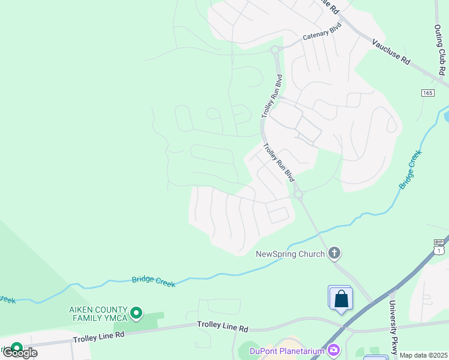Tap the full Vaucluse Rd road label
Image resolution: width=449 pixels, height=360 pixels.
tap(390, 52)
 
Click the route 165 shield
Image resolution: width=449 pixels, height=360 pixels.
tap(427, 93)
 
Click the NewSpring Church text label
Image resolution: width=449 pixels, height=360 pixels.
tap(291, 253)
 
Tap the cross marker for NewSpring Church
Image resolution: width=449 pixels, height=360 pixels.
tap(334, 253)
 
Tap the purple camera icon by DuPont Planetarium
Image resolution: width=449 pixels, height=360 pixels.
tap(334, 349)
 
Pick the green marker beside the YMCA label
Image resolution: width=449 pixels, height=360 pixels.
tap(136, 312)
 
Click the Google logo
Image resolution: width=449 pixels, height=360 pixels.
tap(20, 352)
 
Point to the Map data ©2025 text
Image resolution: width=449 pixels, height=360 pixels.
tap(423, 355)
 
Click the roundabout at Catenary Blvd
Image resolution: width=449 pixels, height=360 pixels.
tap(276, 50)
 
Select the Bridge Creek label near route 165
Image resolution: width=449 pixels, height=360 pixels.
tap(411, 170)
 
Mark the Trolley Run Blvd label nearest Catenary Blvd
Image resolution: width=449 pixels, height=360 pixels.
tap(272, 97)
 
